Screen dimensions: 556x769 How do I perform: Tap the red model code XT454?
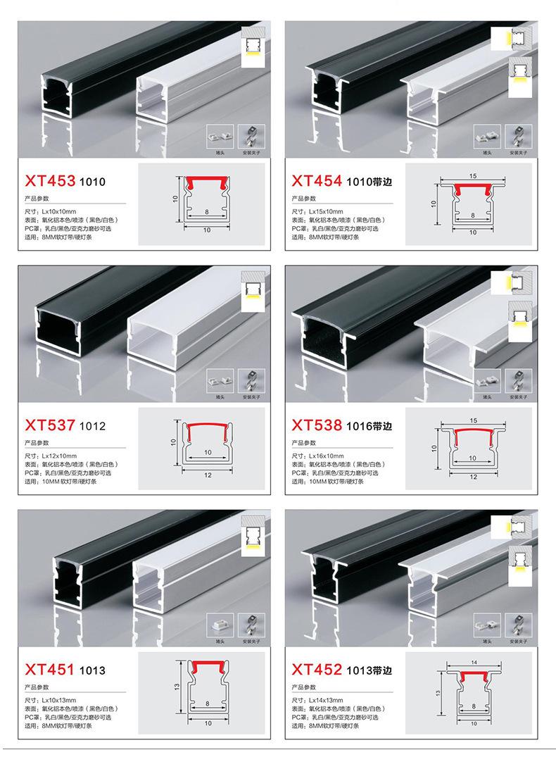pos(317,181)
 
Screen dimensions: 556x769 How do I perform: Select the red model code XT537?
pos(49,425)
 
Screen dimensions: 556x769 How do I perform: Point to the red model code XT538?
pos(317,425)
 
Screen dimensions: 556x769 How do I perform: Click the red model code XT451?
pos(49,669)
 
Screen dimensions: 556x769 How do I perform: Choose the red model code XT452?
pos(317,669)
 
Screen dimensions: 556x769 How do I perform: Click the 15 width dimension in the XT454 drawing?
pos(472,175)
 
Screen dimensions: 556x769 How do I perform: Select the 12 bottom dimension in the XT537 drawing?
pos(207,475)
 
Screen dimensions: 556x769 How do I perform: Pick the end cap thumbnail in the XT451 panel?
pos(217,623)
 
